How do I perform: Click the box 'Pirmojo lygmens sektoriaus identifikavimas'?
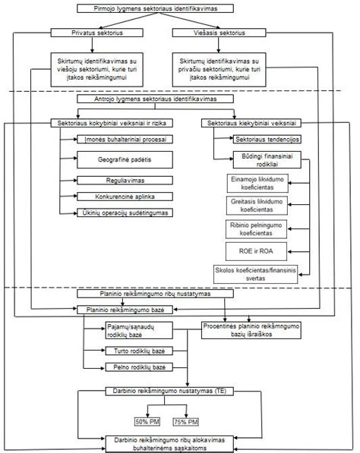click(x=155, y=8)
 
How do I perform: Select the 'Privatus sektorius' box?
click(x=97, y=33)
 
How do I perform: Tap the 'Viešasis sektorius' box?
click(x=219, y=33)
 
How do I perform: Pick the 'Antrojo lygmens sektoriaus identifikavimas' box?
click(x=155, y=99)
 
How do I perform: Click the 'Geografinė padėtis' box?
click(x=125, y=159)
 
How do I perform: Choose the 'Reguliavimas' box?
click(x=125, y=181)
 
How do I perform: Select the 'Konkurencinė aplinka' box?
click(x=125, y=197)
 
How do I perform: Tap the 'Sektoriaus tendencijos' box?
click(x=267, y=140)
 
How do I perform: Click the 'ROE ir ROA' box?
click(x=256, y=251)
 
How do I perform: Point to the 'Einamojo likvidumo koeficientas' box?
click(x=257, y=183)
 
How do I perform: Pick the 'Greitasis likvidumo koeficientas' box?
click(x=257, y=206)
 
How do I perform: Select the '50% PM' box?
click(x=147, y=422)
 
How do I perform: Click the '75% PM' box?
click(x=185, y=422)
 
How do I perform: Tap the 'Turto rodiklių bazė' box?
click(x=139, y=351)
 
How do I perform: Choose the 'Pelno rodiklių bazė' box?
click(x=139, y=367)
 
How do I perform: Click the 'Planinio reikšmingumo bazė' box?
click(x=125, y=310)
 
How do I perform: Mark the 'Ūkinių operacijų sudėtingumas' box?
click(x=125, y=212)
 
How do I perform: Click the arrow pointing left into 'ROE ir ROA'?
click(x=298, y=252)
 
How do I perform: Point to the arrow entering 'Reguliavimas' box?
click(x=68, y=181)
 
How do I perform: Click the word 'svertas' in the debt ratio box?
click(x=256, y=278)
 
